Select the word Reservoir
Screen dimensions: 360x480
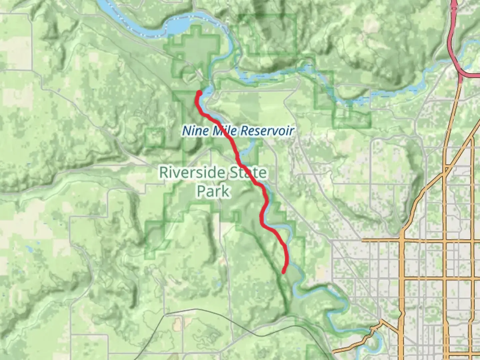[267, 130]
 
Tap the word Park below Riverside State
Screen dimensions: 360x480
[213, 191]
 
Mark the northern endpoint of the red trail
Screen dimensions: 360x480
[199, 92]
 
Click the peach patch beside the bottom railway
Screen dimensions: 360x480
[177, 322]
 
